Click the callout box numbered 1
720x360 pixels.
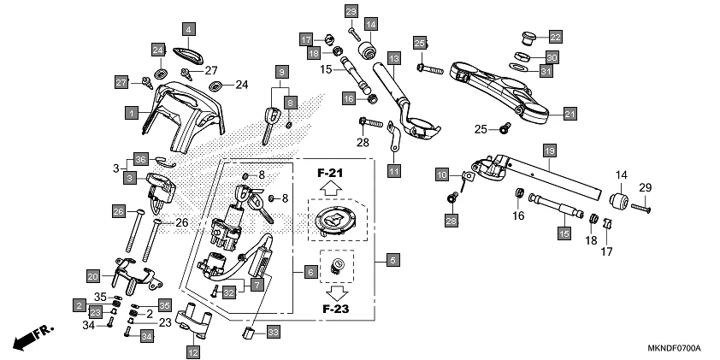point(131,112)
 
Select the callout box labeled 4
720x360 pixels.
point(188,32)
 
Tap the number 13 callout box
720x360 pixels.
point(393,58)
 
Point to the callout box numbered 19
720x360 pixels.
point(550,150)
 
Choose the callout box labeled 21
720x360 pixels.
point(570,113)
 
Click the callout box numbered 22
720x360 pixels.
point(555,37)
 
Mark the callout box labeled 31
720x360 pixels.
point(546,72)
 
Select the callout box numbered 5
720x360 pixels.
point(392,258)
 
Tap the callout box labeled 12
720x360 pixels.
point(193,351)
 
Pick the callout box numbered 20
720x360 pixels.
point(93,275)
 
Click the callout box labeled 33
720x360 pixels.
point(273,332)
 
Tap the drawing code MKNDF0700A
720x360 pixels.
point(674,349)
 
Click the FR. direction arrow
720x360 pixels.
point(32,337)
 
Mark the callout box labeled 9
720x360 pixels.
point(280,71)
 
